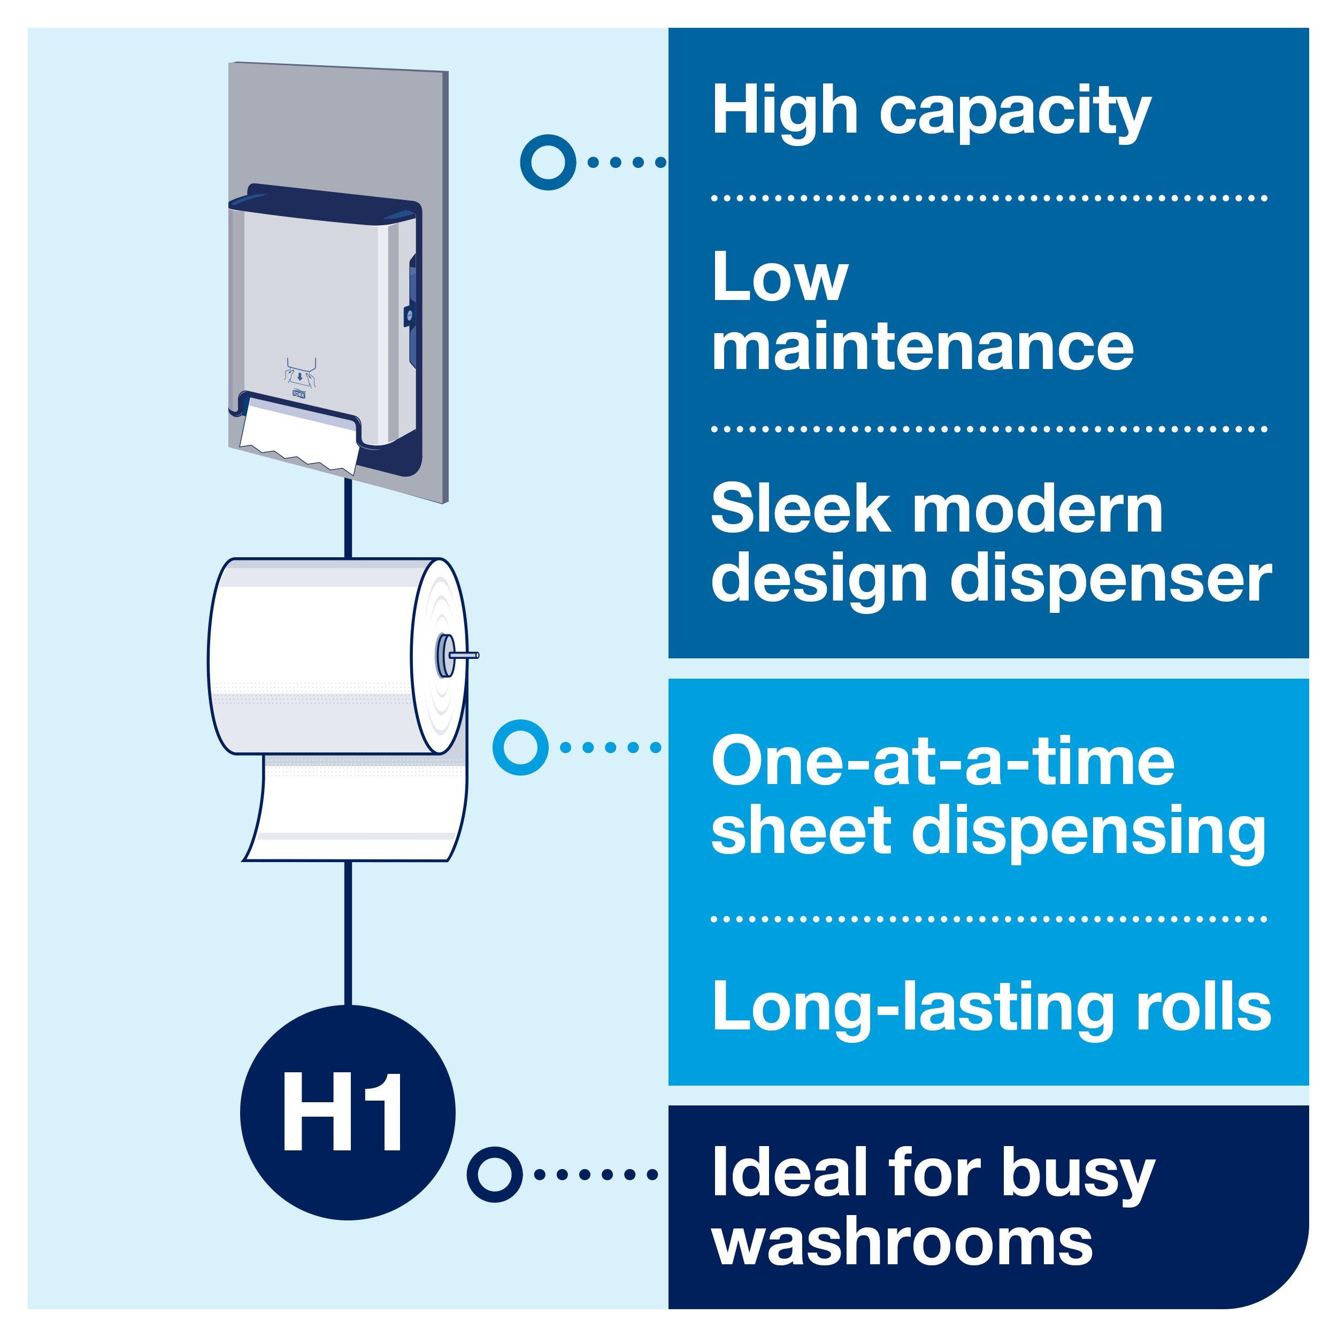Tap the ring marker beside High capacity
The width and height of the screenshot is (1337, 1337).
(548, 162)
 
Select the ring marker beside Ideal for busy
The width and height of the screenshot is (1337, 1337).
(494, 1174)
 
